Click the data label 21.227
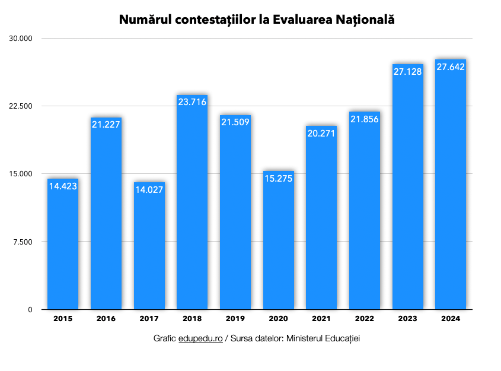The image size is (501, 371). click(106, 124)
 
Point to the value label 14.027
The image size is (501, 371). click(149, 190)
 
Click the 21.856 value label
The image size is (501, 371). click(365, 119)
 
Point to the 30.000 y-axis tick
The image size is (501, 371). click(21, 39)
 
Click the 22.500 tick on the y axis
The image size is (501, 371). click(21, 106)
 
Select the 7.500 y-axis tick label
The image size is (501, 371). click(23, 242)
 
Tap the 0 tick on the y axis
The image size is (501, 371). click(30, 309)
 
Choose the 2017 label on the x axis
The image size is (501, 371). click(149, 319)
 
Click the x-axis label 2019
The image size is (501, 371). click(235, 319)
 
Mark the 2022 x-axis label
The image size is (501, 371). click(365, 319)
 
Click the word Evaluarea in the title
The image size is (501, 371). click(299, 20)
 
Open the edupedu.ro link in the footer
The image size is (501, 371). click(200, 338)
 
